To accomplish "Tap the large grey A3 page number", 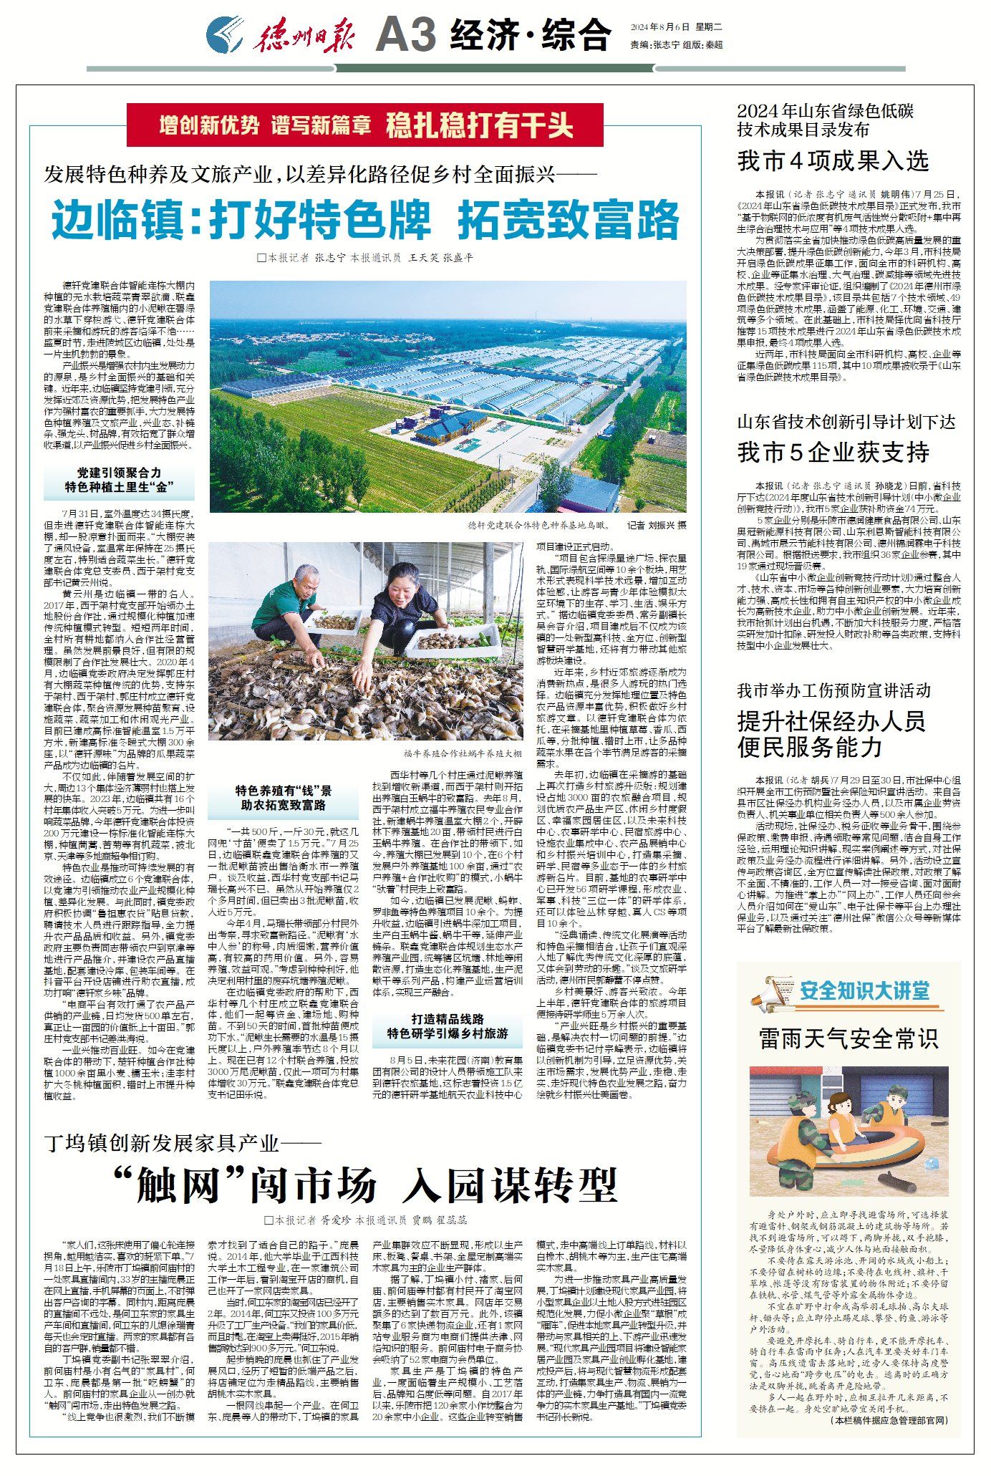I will coord(405,34).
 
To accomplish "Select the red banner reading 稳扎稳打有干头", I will coord(479,126).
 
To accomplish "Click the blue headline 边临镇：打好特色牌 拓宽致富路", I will coord(365,220).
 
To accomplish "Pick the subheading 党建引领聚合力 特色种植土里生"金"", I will coord(119,480).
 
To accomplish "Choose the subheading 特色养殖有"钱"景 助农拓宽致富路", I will coord(284,798).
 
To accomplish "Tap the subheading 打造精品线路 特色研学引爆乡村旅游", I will coord(448,1026).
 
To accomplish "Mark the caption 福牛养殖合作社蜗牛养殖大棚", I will coord(462,754).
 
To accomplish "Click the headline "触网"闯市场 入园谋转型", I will coord(365,1185).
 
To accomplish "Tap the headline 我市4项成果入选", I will coord(833,161).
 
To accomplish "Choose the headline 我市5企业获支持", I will coord(833,452).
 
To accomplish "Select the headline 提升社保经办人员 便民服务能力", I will coord(831,733).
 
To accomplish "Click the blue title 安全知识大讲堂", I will coord(864,990).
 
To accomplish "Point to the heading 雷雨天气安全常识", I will coord(849,1038).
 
